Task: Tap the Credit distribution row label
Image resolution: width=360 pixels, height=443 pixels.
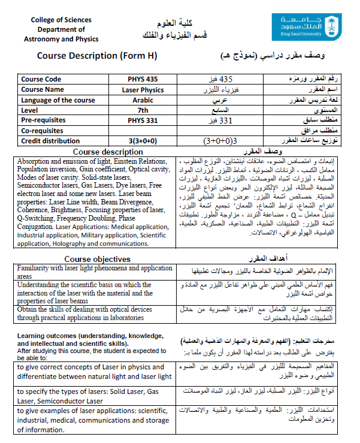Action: (51, 141)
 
